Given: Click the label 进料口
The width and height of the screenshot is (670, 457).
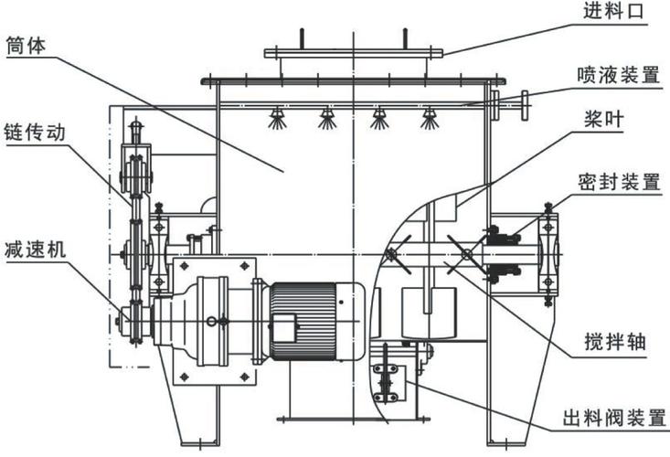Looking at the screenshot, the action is [613, 11].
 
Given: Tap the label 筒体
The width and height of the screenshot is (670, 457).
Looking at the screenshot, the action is [26, 46].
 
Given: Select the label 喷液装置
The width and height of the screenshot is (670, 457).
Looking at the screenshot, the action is [618, 75].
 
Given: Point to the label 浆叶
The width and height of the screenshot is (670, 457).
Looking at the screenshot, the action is [604, 119].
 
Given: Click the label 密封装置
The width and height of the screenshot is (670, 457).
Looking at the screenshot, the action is [619, 182].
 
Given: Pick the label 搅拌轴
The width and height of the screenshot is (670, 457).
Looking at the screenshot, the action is [615, 342].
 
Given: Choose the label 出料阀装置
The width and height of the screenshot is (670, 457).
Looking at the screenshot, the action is [614, 418].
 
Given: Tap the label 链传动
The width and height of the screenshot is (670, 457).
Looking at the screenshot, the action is [35, 132].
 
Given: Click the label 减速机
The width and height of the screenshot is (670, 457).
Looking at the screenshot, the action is [36, 249].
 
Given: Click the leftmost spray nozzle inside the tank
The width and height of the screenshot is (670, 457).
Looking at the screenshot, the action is [277, 118].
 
